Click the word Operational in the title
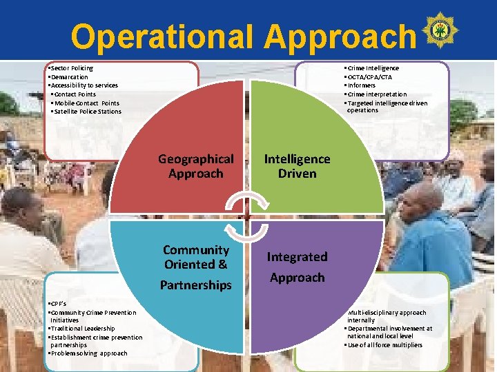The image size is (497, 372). (x=162, y=36)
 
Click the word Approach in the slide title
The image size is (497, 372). (x=340, y=36)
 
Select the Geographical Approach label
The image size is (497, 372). (x=195, y=166)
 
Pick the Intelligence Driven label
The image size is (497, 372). (x=297, y=166)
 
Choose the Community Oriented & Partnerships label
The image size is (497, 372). (x=196, y=267)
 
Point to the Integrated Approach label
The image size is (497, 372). (x=297, y=267)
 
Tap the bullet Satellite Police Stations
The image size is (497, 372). (x=87, y=112)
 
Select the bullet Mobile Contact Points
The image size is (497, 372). (x=86, y=103)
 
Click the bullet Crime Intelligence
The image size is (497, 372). (x=373, y=68)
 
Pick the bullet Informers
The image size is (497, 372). (x=363, y=85)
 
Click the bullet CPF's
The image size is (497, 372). (x=58, y=304)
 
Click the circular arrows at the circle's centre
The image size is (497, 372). (x=246, y=214)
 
